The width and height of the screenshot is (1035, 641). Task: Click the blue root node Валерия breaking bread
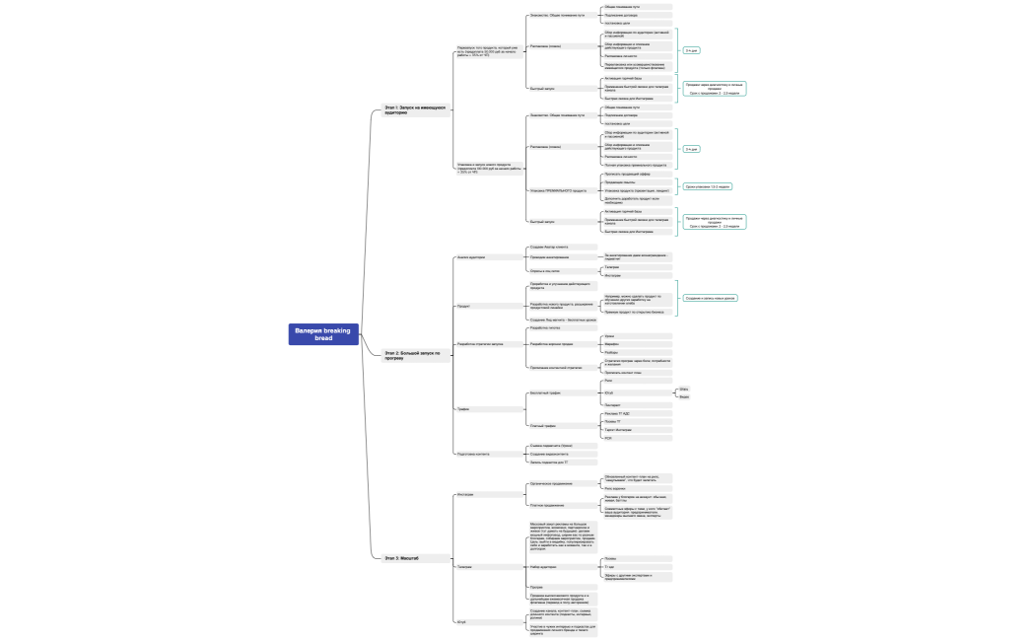point(323,334)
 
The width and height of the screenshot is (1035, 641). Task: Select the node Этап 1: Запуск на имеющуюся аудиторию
point(415,109)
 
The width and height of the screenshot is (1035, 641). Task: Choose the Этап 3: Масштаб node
point(402,558)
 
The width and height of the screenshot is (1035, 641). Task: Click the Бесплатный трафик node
point(546,393)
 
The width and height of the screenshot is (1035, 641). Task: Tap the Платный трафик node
point(543,425)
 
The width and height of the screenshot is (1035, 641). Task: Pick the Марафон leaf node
point(611,344)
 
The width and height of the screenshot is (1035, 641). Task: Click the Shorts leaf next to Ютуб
point(711,390)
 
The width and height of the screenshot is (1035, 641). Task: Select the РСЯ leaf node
point(608,438)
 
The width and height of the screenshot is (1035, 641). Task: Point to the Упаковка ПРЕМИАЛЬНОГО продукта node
point(558,190)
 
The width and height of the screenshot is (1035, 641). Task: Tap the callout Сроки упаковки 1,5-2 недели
point(709,185)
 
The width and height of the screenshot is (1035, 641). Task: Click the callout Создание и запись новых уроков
point(711,297)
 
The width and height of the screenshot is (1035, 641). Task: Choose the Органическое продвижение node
point(551,484)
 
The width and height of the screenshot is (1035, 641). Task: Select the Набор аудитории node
point(544,567)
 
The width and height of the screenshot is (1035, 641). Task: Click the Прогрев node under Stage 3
point(537,587)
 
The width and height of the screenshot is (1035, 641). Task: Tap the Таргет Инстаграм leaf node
point(618,430)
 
